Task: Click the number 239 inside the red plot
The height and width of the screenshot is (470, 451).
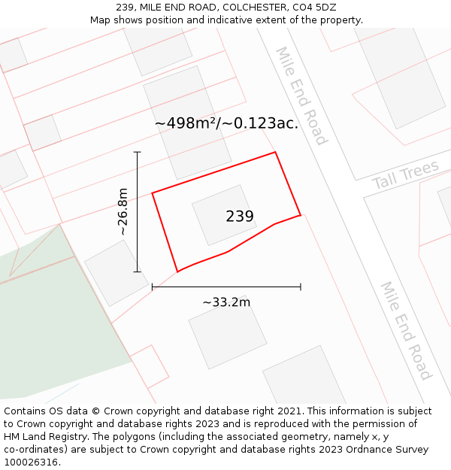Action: (x=240, y=217)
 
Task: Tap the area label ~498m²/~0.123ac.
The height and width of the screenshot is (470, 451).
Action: (x=226, y=123)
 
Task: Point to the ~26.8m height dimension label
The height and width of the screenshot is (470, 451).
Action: (x=123, y=212)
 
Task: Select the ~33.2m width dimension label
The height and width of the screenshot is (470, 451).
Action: (x=226, y=302)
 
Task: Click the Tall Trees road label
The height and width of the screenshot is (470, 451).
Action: (x=405, y=175)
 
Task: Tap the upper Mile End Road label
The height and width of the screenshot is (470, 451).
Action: (x=301, y=96)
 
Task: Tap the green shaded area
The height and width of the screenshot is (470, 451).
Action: (x=53, y=331)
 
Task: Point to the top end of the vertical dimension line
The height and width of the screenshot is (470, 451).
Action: (x=137, y=152)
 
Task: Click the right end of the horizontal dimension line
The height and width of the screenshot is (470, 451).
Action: (x=301, y=287)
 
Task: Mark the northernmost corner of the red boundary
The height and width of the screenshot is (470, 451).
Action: (x=275, y=153)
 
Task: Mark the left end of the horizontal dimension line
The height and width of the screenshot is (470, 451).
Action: (x=153, y=287)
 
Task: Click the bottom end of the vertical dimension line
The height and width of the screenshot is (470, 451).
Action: (x=137, y=271)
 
